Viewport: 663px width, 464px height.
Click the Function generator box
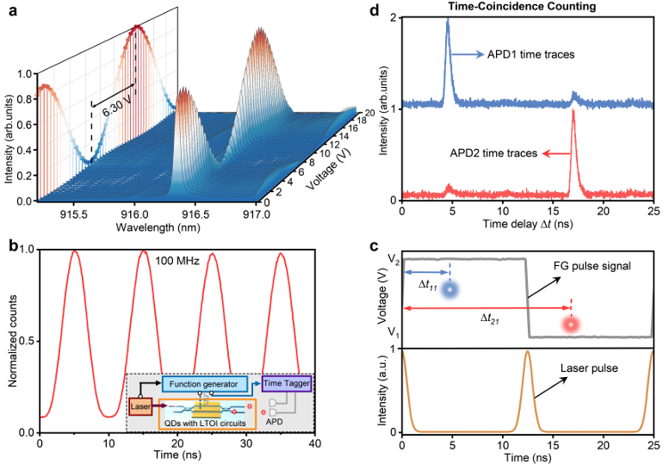point(205,384)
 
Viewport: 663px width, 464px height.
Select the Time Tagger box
point(287,383)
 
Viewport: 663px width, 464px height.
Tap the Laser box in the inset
point(140,406)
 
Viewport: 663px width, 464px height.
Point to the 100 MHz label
point(177,261)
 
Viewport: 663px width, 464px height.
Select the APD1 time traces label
point(530,54)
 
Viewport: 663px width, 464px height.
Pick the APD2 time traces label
point(493,153)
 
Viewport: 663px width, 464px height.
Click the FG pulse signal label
point(592,266)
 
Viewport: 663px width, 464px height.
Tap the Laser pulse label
point(589,368)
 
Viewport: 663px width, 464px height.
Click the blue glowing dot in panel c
point(449,290)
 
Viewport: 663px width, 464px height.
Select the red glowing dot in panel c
point(571,325)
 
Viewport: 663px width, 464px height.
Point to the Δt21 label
point(489,319)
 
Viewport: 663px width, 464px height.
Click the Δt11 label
point(427,285)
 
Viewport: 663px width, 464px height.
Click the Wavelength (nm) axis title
point(158,227)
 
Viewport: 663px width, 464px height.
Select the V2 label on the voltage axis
point(393,260)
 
